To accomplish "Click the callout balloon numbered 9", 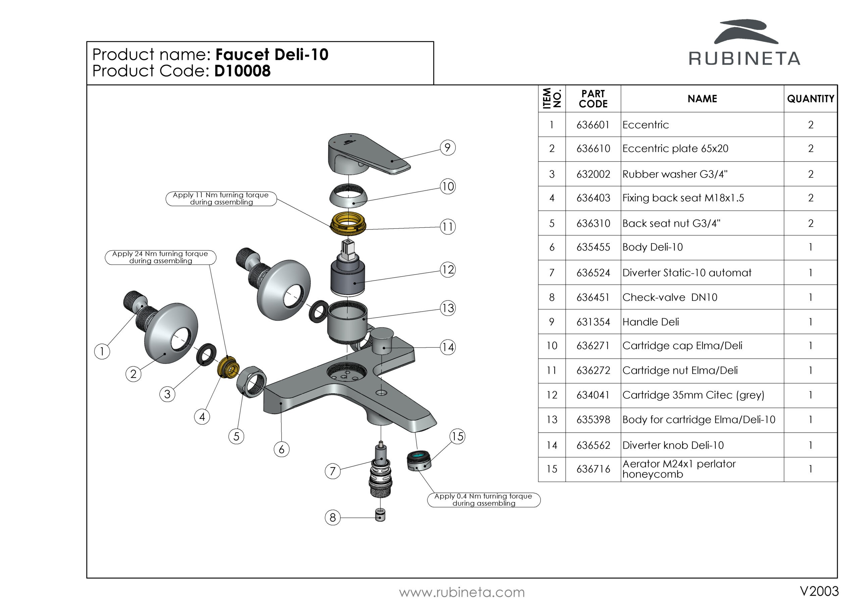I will pyautogui.click(x=448, y=148).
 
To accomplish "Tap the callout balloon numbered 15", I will pyautogui.click(x=457, y=436).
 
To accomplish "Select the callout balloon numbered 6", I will pyautogui.click(x=281, y=449).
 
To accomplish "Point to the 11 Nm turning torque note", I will pyautogui.click(x=221, y=199).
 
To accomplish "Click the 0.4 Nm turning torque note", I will pyautogui.click(x=484, y=500).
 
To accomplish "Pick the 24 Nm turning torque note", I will pyautogui.click(x=160, y=257).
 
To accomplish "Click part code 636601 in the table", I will pyautogui.click(x=593, y=125).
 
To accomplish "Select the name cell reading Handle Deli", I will pyautogui.click(x=651, y=322).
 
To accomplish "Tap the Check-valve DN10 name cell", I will pyautogui.click(x=670, y=297).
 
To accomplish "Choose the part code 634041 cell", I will pyautogui.click(x=593, y=395).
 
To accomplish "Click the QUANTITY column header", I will pyautogui.click(x=810, y=99).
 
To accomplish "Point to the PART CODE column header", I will pyautogui.click(x=593, y=99).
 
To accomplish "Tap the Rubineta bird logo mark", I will pyautogui.click(x=745, y=32).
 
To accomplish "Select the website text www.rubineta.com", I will pyautogui.click(x=462, y=593).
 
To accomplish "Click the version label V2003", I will pyautogui.click(x=819, y=591).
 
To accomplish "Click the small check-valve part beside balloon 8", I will pyautogui.click(x=380, y=515).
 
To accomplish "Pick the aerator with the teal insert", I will pyautogui.click(x=419, y=461).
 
